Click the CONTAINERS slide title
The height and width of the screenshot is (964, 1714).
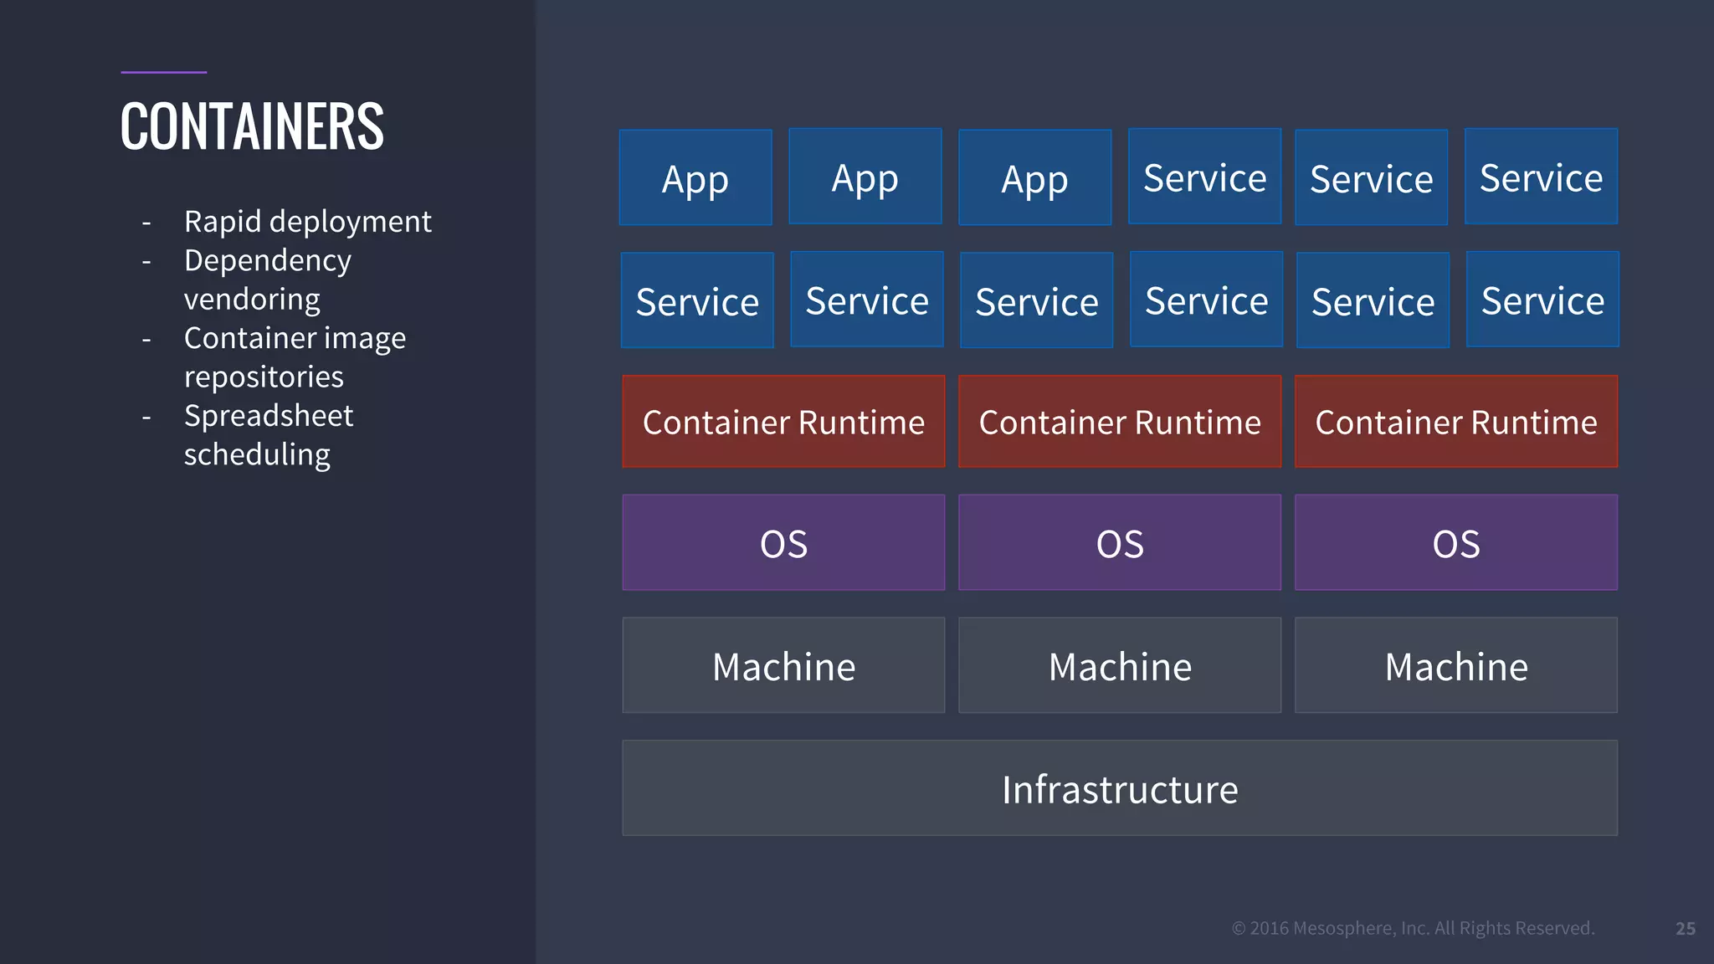pos(252,126)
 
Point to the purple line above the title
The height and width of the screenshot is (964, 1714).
pos(163,72)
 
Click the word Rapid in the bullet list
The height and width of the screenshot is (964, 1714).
pos(222,222)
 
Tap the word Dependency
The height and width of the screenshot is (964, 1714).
pos(268,261)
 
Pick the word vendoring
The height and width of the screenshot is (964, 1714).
pos(252,300)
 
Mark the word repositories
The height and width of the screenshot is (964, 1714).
pos(264,377)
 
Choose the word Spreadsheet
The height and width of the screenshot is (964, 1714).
pos(269,416)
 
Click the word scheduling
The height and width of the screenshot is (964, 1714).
pos(257,455)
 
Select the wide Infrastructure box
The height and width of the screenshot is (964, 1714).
pos(1120,788)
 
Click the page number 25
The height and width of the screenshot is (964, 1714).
pos(1686,928)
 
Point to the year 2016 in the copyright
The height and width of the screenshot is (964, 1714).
pos(1269,928)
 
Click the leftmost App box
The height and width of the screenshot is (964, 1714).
pos(695,177)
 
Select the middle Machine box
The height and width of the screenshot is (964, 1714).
pos(1120,666)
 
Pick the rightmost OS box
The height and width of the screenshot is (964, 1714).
pos(1456,543)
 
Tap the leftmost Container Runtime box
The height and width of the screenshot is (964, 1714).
pos(783,422)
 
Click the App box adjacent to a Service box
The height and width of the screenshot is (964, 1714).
pos(1035,178)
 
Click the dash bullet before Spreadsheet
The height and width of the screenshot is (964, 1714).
pos(146,418)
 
